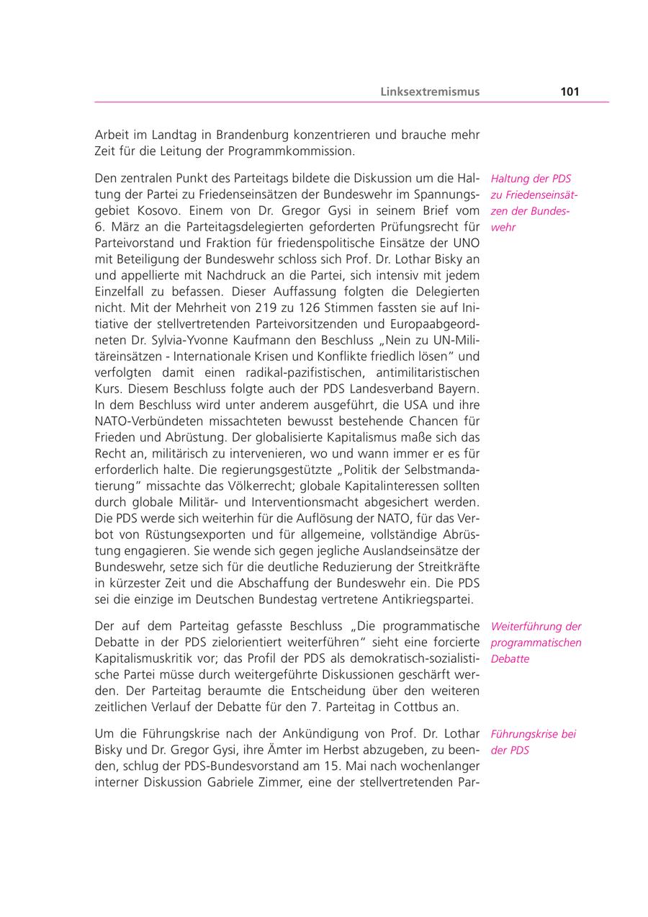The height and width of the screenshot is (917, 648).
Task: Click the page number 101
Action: pyautogui.click(x=570, y=91)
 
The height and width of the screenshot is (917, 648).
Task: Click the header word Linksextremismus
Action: pyautogui.click(x=430, y=91)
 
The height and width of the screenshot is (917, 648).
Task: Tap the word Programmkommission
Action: pyautogui.click(x=291, y=151)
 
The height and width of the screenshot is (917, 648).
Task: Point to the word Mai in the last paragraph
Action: pyautogui.click(x=320, y=766)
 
